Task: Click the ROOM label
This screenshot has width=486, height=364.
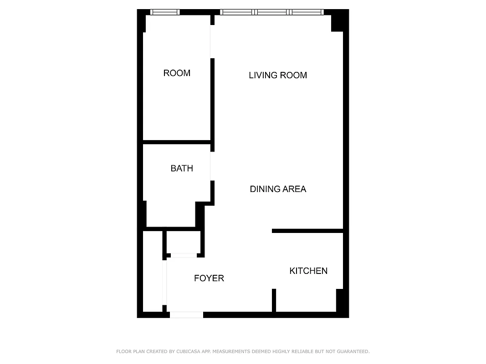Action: [x=177, y=73]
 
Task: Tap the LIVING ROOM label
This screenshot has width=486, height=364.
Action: [x=278, y=76]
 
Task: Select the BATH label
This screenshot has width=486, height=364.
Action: [x=182, y=168]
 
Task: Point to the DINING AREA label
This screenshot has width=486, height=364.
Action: [x=278, y=189]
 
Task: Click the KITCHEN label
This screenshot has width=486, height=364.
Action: [x=308, y=271]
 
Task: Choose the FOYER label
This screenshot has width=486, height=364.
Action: [x=209, y=278]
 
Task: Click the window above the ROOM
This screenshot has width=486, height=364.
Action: [x=165, y=12]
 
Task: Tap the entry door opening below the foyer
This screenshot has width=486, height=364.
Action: [x=186, y=314]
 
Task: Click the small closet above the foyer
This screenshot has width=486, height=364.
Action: [x=184, y=242]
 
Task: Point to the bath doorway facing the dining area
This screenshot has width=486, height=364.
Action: [x=212, y=166]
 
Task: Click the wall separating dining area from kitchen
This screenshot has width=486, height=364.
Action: [x=307, y=231]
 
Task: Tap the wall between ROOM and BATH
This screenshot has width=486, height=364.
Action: [x=177, y=142]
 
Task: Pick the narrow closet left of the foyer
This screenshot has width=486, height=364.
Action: [x=153, y=272]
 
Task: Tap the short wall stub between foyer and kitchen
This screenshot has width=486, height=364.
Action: [x=274, y=300]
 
